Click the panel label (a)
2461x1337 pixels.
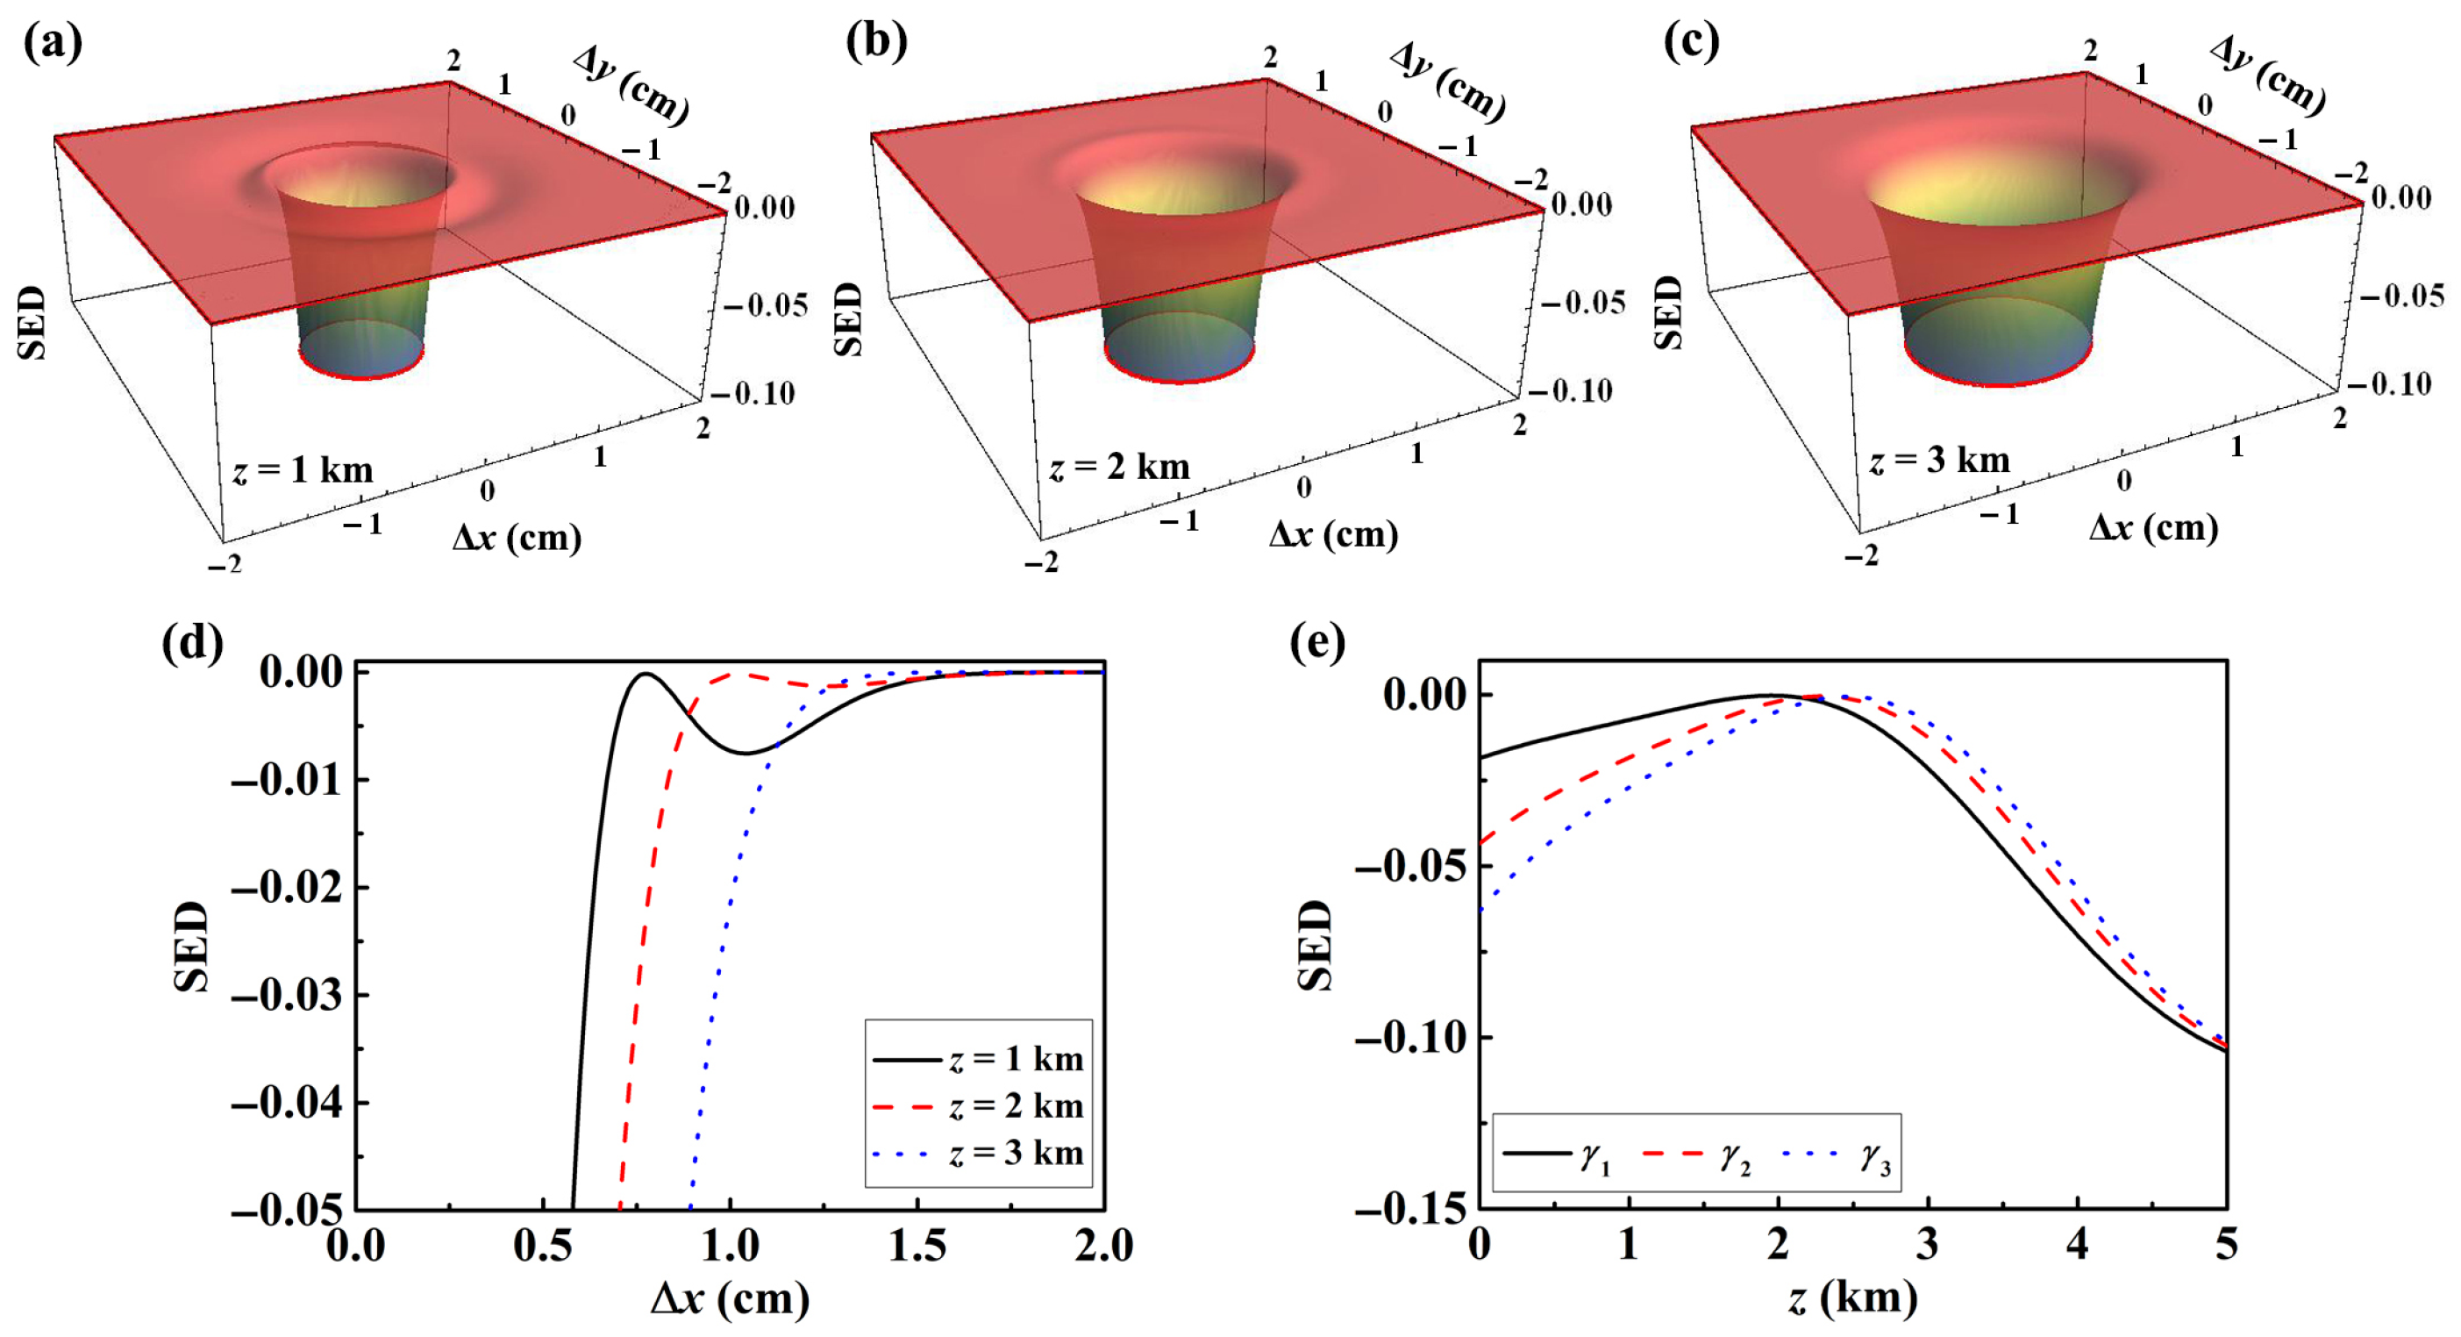[x=53, y=43]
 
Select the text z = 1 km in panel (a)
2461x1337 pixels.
[x=302, y=470]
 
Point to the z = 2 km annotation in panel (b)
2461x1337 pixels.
[x=1120, y=468]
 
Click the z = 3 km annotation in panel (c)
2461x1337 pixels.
[x=1939, y=461]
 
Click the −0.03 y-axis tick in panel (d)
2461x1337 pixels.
[x=288, y=996]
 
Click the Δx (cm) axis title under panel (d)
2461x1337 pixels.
[x=730, y=1298]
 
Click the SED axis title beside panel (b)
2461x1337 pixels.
[x=848, y=319]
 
